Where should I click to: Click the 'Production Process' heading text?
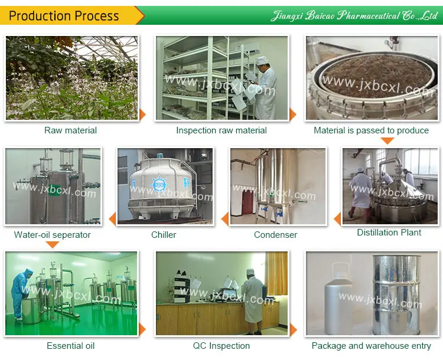64,16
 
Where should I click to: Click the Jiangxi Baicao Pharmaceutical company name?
353,16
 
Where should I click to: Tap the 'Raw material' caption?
70,130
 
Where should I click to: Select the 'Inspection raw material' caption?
221,130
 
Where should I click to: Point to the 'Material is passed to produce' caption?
371,130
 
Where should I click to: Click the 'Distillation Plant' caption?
389,233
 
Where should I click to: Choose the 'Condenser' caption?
275,235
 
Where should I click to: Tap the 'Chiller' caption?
164,235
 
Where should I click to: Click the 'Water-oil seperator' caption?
53,235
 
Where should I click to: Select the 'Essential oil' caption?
70,346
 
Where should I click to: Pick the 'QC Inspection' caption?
221,346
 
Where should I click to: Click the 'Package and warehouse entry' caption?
372,346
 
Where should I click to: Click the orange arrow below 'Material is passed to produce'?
387,140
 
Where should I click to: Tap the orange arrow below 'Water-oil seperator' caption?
53,244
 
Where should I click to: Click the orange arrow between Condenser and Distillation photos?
337,220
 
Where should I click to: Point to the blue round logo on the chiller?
160,185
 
